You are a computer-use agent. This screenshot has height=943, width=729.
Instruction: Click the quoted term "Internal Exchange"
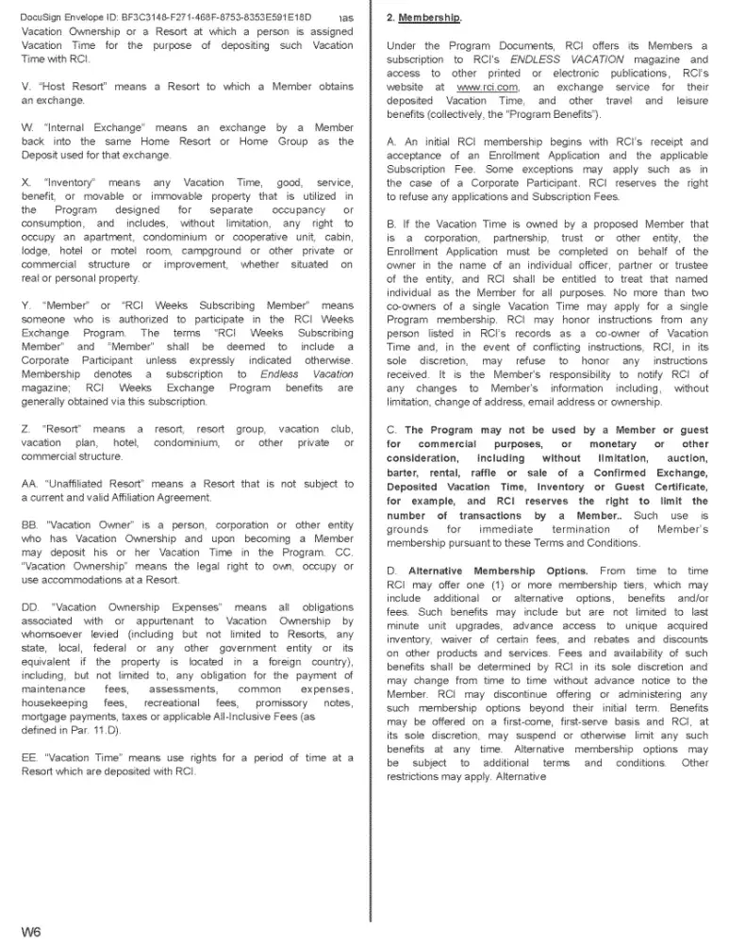point(80,127)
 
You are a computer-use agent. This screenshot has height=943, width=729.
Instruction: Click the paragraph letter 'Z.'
point(25,429)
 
